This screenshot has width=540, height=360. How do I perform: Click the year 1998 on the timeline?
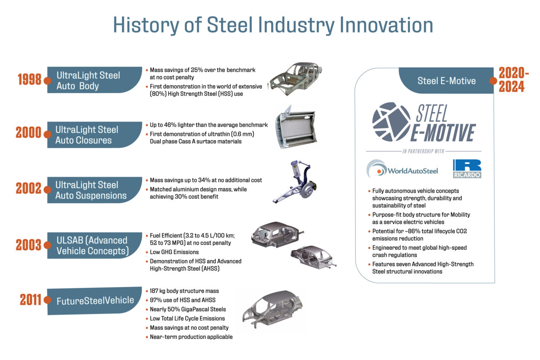[30, 79]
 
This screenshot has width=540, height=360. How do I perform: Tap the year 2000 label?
[28, 132]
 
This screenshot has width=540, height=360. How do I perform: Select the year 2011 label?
[30, 300]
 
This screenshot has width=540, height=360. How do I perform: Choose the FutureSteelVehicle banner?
[95, 301]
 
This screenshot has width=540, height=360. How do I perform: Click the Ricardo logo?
[467, 169]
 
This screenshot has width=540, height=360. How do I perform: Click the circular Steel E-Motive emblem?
[391, 122]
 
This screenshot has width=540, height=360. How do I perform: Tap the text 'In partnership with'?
[423, 151]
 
